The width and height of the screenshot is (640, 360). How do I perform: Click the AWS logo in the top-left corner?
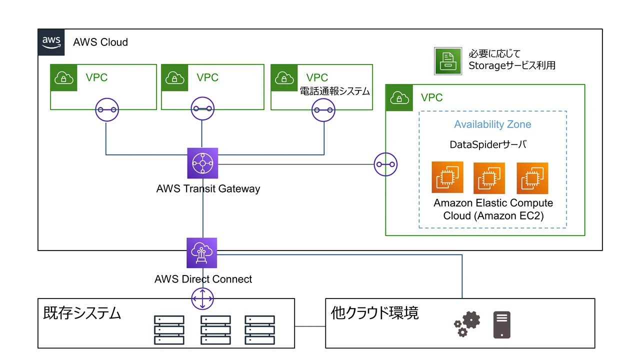[51, 42]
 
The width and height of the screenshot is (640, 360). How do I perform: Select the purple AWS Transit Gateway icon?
[202, 163]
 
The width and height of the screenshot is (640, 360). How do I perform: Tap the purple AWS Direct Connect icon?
[201, 253]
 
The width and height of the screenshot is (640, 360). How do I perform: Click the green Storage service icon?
[448, 61]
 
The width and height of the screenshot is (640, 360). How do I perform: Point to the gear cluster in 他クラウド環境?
[467, 323]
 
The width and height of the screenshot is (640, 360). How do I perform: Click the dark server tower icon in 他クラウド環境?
[501, 325]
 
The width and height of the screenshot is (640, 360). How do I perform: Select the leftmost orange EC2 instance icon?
[447, 177]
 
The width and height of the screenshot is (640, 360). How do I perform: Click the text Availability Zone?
[492, 124]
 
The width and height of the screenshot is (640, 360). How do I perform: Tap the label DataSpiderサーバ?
[488, 145]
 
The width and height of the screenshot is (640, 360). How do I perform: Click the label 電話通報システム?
[334, 91]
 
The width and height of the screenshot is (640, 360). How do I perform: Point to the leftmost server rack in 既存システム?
[169, 330]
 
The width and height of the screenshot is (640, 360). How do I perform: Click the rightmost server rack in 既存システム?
[259, 330]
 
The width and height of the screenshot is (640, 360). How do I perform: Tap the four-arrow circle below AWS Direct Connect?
[202, 299]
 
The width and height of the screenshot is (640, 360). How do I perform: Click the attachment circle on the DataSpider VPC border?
[385, 164]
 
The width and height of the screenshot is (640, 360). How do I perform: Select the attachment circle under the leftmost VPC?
[107, 109]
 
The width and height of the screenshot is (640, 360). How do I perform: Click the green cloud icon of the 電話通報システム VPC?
[284, 77]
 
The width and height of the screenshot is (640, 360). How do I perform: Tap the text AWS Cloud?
[100, 42]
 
